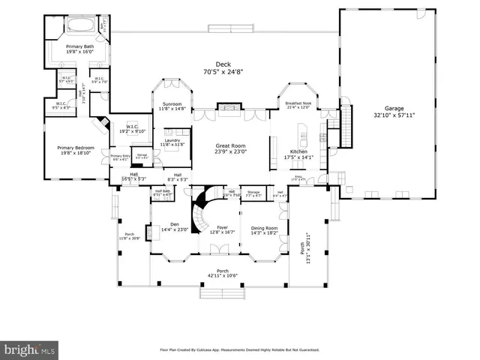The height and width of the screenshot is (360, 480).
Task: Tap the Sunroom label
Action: [x=171, y=104]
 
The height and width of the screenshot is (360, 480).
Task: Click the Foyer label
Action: [x=222, y=228]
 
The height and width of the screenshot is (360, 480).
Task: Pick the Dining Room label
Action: [x=263, y=228]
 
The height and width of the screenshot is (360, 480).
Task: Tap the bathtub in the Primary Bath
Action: [x=79, y=25]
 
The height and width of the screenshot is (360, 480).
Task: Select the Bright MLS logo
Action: [x=30, y=349]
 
